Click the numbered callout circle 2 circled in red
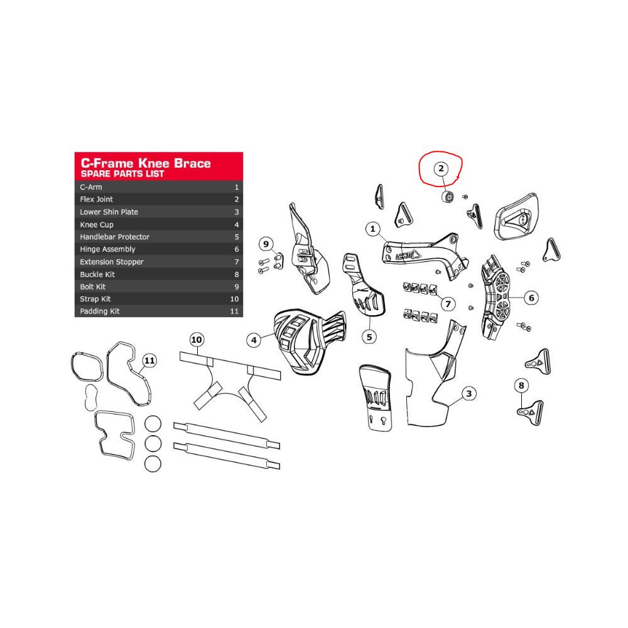pyautogui.click(x=441, y=168)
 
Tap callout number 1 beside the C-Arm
pyautogui.click(x=373, y=229)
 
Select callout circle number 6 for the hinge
pyautogui.click(x=531, y=298)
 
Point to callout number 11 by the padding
pyautogui.click(x=149, y=360)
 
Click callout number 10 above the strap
pyautogui.click(x=196, y=340)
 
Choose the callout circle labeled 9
pyautogui.click(x=266, y=244)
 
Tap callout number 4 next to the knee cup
pyautogui.click(x=254, y=340)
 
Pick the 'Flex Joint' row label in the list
pyautogui.click(x=96, y=199)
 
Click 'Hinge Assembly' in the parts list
pyautogui.click(x=107, y=249)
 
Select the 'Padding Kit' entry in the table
pyautogui.click(x=99, y=311)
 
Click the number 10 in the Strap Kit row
pyautogui.click(x=234, y=299)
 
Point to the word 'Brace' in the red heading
pyautogui.click(x=192, y=163)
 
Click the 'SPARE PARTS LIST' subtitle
pyautogui.click(x=122, y=174)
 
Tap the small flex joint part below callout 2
pyautogui.click(x=448, y=197)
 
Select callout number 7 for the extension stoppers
pyautogui.click(x=448, y=305)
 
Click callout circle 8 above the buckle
pyautogui.click(x=521, y=386)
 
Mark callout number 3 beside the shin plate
pyautogui.click(x=469, y=394)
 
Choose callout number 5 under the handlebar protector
pyautogui.click(x=369, y=337)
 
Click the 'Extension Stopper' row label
pyautogui.click(x=111, y=262)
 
